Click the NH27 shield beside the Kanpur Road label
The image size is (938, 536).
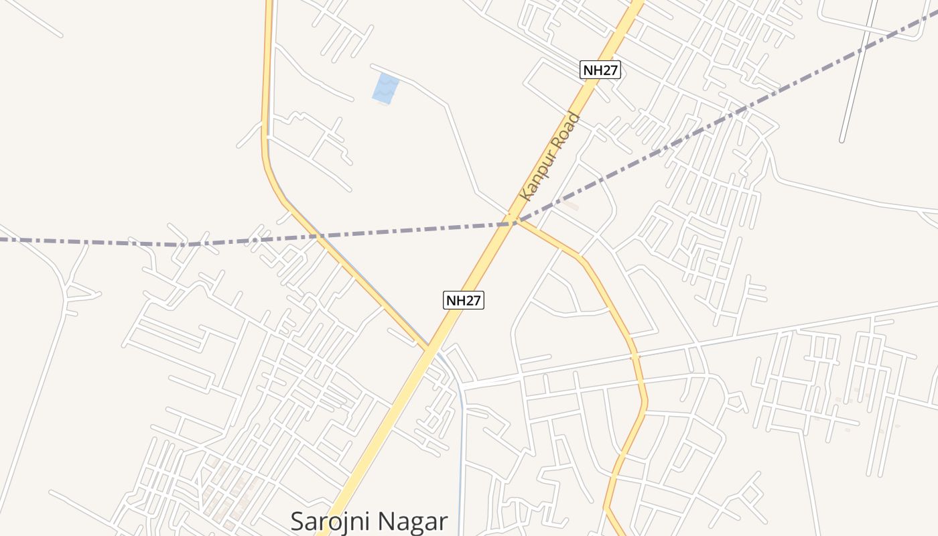[600, 70]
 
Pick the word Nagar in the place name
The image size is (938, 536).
[418, 521]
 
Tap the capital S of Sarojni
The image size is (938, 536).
[299, 521]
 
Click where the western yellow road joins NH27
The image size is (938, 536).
[427, 347]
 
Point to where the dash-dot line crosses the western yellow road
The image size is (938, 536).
[312, 235]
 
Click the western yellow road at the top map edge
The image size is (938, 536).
[269, 3]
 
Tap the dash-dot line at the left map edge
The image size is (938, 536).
[3, 238]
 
